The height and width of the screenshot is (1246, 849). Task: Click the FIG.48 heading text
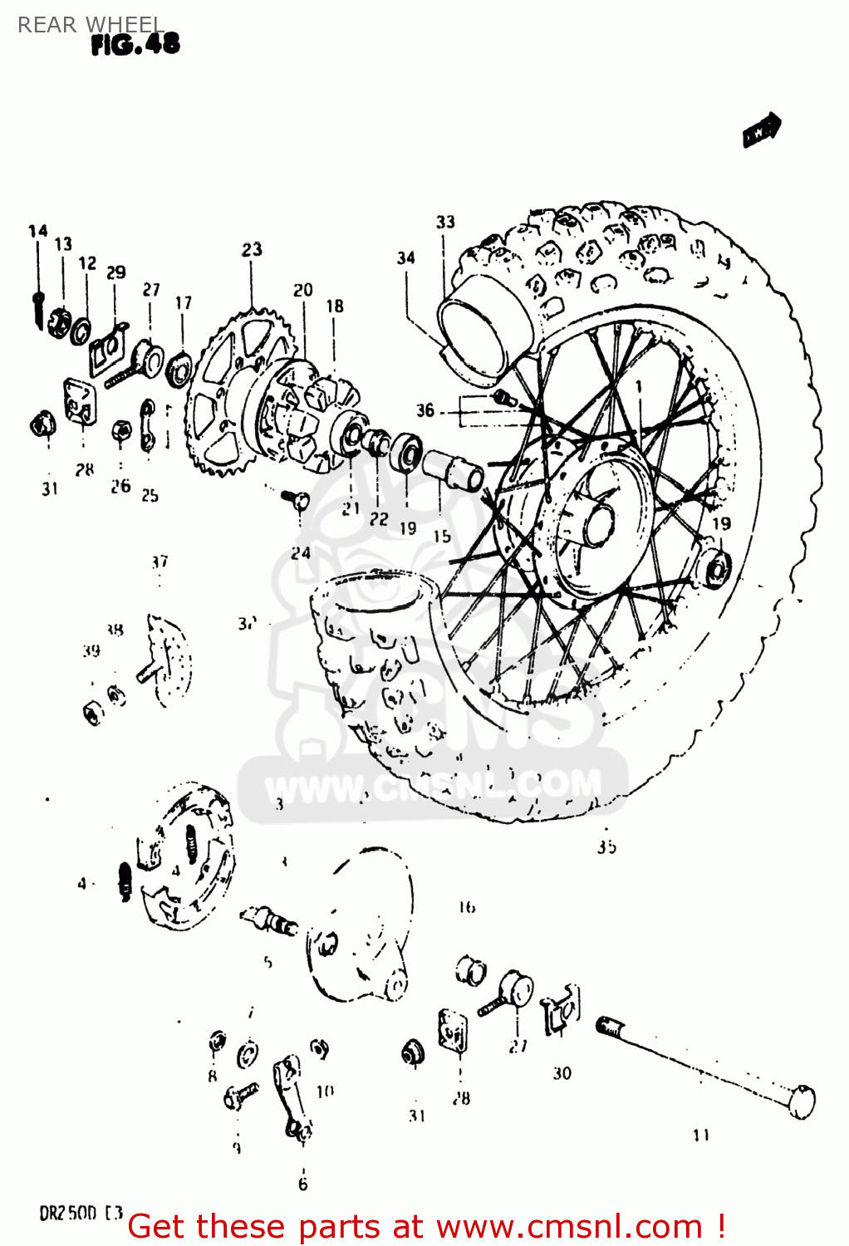click(x=135, y=45)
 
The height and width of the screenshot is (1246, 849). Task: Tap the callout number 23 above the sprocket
click(x=252, y=249)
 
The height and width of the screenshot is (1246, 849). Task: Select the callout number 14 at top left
click(x=38, y=231)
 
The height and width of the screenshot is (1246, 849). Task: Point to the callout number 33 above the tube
click(x=445, y=222)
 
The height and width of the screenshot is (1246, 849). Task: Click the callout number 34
click(x=405, y=258)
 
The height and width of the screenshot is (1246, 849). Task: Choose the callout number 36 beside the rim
click(x=424, y=410)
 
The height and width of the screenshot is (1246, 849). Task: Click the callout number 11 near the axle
click(x=701, y=1135)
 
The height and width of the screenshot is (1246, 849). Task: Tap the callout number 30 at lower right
click(x=562, y=1073)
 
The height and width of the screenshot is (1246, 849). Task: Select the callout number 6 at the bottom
click(x=303, y=1184)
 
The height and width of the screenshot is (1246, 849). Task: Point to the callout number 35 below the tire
click(x=606, y=847)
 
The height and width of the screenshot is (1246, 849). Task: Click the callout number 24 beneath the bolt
click(x=301, y=552)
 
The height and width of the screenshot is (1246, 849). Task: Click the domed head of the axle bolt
click(x=801, y=1102)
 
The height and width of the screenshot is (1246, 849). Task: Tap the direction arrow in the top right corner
click(x=762, y=130)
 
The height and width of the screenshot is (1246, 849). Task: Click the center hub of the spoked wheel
click(x=596, y=523)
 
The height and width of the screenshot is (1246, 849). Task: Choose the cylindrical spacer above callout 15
click(x=453, y=470)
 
